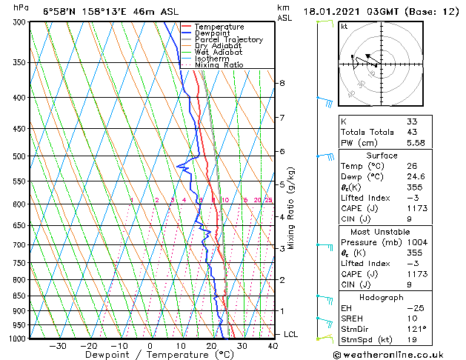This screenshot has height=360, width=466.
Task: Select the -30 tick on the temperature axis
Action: [58, 345]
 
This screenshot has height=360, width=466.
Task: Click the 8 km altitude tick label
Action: [282, 83]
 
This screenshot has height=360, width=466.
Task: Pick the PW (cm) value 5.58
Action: [415, 143]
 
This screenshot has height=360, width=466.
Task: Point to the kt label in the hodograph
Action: [344, 27]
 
